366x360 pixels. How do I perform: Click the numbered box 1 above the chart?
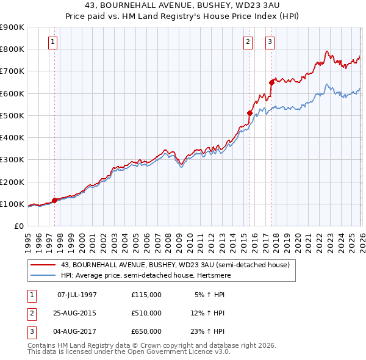pos(53,42)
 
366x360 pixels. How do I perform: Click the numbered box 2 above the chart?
pos(248,42)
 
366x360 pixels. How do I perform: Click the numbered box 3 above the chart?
pos(269,42)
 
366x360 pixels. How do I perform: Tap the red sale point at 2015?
pos(249,113)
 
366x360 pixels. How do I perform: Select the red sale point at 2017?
pos(271,82)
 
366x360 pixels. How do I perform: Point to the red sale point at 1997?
pos(55,200)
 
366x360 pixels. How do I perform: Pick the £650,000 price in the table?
pos(146,331)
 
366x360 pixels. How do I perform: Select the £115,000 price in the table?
pos(146,295)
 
